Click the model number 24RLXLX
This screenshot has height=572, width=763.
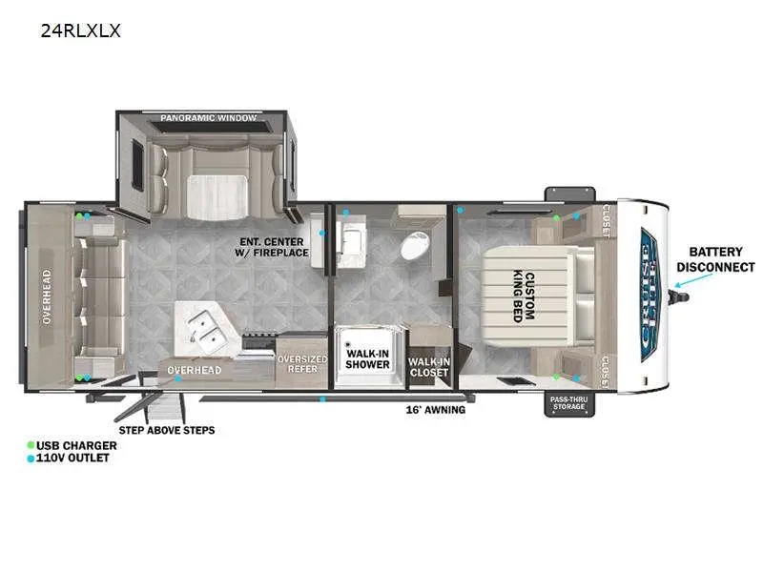pyautogui.click(x=80, y=31)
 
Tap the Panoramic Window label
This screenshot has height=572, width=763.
pyautogui.click(x=208, y=118)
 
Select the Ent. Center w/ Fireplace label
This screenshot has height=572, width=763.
pyautogui.click(x=273, y=247)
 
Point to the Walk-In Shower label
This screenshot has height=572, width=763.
pyautogui.click(x=367, y=358)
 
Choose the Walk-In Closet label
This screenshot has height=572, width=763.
pyautogui.click(x=428, y=367)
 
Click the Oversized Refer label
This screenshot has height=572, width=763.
pyautogui.click(x=302, y=365)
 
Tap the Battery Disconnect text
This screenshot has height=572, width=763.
pyautogui.click(x=715, y=259)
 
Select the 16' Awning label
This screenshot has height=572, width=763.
pyautogui.click(x=437, y=410)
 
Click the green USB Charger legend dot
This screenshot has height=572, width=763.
pyautogui.click(x=31, y=445)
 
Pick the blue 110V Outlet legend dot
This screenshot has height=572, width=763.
pyautogui.click(x=31, y=459)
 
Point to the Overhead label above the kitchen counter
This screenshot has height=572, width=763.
pyautogui.click(x=195, y=370)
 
